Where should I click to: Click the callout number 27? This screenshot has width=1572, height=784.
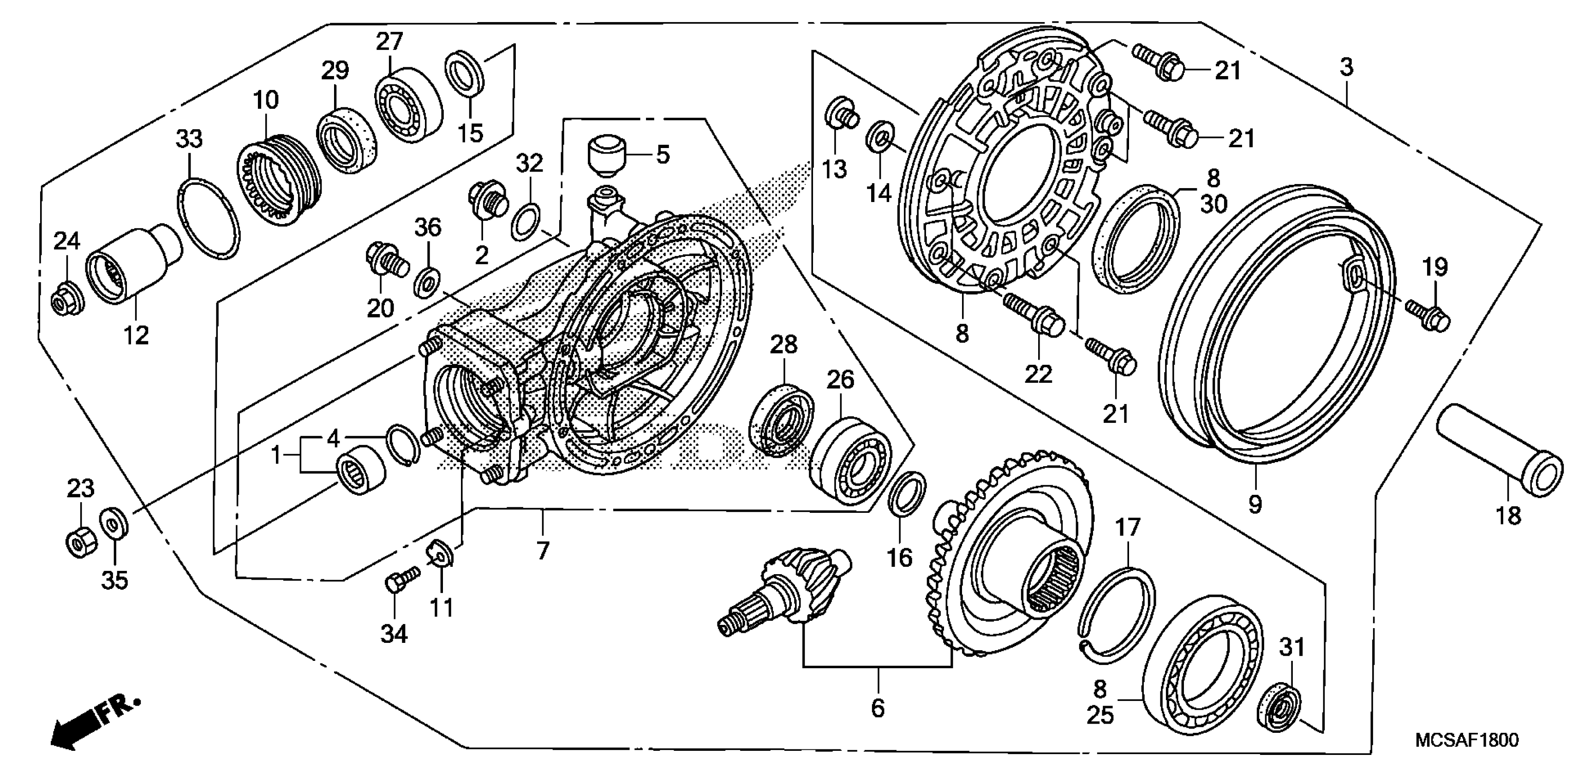[x=389, y=42]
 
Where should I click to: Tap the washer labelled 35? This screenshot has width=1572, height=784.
[x=114, y=522]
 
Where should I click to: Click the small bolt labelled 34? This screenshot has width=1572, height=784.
[x=400, y=579]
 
